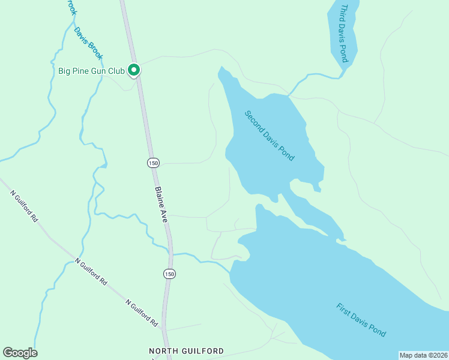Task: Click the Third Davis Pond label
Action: click(344, 34)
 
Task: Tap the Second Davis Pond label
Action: click(270, 136)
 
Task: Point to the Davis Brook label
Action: click(89, 43)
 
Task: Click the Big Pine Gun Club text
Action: click(91, 71)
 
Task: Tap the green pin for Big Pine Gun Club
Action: click(134, 70)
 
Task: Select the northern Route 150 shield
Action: click(153, 163)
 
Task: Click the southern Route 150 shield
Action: click(170, 274)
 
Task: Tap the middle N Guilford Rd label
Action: click(91, 272)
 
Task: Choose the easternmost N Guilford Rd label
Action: click(142, 313)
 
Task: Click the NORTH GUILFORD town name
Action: click(186, 351)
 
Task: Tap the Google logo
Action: click(20, 353)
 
